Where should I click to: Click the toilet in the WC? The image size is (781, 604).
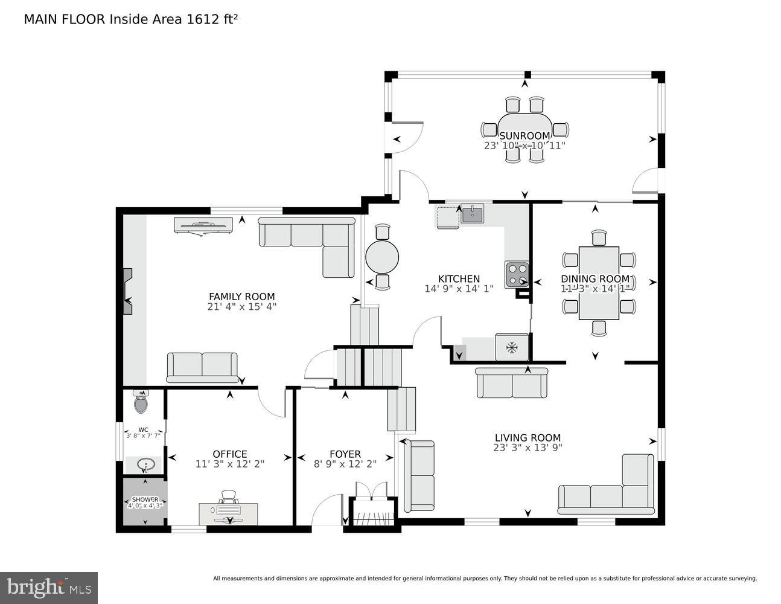coord(141,402)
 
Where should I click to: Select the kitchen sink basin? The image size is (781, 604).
coord(472,214)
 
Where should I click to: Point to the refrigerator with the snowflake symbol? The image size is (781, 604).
coord(512,347)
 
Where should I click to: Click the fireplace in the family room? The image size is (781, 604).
coord(127,292)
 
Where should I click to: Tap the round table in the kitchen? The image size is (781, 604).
coord(382,257)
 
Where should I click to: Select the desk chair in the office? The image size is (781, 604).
coord(228,497)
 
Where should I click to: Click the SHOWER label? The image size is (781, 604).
coord(145,500)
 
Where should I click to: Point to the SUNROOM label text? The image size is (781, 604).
coord(524,136)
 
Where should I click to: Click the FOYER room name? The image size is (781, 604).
coord(345,454)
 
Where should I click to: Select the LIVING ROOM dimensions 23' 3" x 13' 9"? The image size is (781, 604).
coord(528,448)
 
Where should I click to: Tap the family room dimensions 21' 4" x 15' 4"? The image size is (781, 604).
coord(241,306)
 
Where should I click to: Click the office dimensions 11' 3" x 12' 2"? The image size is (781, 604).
coord(229,464)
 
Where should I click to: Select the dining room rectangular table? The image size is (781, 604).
coord(598,283)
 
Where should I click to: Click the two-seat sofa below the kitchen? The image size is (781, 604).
coord(512,384)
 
